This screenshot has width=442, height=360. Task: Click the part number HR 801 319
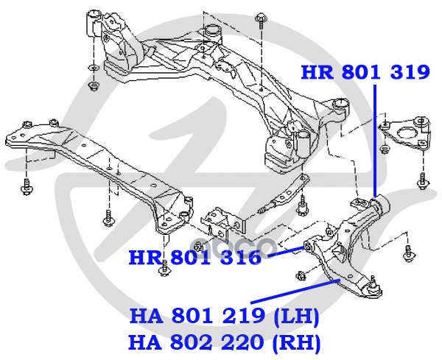(x=365, y=72)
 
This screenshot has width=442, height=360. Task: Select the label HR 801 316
(x=194, y=258)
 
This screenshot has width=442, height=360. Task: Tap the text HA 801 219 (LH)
(x=224, y=318)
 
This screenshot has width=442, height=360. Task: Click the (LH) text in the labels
(x=298, y=318)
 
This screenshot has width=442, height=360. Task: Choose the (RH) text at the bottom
(x=298, y=343)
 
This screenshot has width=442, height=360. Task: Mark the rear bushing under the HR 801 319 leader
(x=380, y=202)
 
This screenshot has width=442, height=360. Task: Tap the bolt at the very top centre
(x=262, y=18)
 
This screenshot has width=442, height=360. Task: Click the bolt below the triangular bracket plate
(x=422, y=180)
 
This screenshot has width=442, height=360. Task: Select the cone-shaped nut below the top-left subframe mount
(x=94, y=86)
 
